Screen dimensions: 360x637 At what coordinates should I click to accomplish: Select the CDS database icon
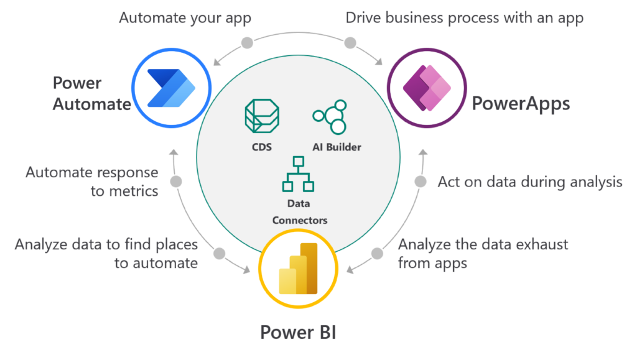[262, 117]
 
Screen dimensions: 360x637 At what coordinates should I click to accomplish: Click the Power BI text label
[298, 332]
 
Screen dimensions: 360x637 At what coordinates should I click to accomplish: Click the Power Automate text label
[91, 94]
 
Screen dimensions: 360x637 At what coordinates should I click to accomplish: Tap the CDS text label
[262, 147]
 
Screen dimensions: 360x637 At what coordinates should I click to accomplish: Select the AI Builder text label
[337, 147]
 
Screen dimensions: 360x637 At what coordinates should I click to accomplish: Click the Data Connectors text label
[299, 211]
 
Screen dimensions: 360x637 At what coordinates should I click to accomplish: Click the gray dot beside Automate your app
[247, 43]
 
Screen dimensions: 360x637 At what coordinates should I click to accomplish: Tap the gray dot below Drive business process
[350, 43]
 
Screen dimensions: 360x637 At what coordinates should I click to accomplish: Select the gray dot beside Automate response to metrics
[176, 182]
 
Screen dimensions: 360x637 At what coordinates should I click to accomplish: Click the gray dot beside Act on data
[421, 182]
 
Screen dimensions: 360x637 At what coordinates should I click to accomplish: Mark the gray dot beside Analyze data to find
[219, 254]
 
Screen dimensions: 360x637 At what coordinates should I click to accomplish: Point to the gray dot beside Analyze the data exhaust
[378, 254]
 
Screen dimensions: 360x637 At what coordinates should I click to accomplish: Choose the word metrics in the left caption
[134, 191]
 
